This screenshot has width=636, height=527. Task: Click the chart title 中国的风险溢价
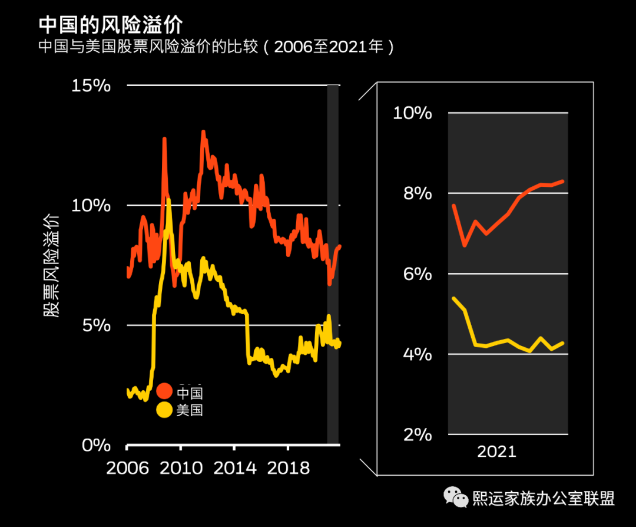(111, 25)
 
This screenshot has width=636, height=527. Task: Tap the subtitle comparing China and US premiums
(216, 47)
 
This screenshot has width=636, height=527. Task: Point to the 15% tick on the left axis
(91, 85)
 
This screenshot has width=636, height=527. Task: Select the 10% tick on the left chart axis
(91, 206)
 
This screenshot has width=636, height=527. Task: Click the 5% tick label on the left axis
(95, 325)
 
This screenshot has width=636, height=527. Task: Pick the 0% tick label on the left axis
(95, 445)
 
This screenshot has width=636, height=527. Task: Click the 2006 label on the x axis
(127, 468)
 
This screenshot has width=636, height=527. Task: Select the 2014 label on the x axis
(235, 468)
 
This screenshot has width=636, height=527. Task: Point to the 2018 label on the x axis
(289, 468)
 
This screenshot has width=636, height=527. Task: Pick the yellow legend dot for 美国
(164, 410)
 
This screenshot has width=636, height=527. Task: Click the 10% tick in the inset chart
(412, 113)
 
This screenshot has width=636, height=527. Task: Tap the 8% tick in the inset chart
(417, 193)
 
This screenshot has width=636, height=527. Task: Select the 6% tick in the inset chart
(417, 274)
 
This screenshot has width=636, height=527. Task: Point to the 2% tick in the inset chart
(417, 435)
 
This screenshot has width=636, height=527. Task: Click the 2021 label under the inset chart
(496, 452)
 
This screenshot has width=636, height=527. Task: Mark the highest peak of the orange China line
(203, 132)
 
